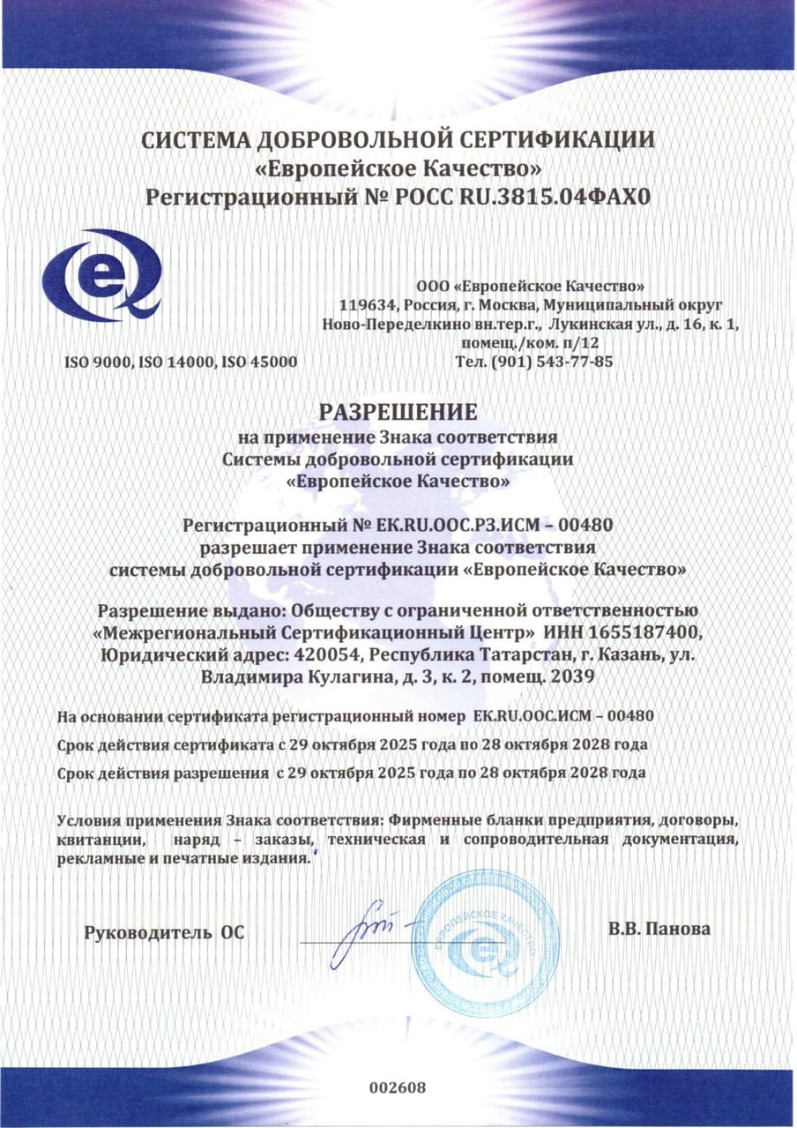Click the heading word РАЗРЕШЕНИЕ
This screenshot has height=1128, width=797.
(398, 412)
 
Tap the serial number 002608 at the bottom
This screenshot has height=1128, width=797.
(398, 1087)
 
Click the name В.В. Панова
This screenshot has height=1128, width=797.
(659, 929)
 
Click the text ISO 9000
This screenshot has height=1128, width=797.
(95, 362)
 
